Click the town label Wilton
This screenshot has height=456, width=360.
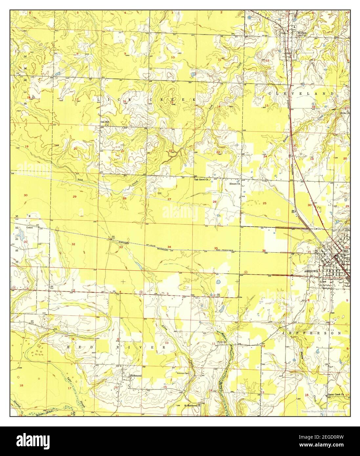click(302, 33)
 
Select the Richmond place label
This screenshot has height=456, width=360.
click(136, 375)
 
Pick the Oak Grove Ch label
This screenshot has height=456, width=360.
click(202, 179)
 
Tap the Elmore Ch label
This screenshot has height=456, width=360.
click(235, 184)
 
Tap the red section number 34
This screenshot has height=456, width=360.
click(169, 247)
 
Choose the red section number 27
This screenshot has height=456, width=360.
click(169, 199)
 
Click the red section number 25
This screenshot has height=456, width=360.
click(265, 203)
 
